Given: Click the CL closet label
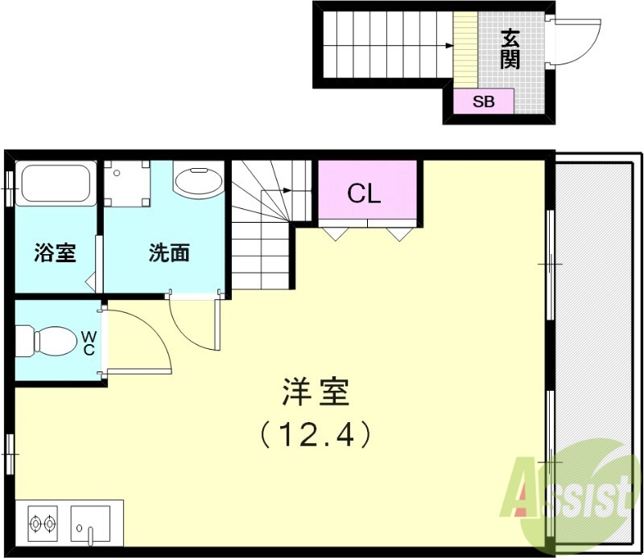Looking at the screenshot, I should click(364, 193).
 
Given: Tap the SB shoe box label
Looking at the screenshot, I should click(483, 102).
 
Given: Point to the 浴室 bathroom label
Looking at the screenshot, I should click(55, 253).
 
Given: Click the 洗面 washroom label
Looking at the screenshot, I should click(169, 253).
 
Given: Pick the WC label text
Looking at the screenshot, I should click(89, 343).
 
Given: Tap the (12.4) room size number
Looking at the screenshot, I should click(316, 434).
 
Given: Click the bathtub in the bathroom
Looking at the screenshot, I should click(55, 184).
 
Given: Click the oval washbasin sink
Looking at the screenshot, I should click(198, 182).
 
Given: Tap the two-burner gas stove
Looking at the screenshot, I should click(43, 523).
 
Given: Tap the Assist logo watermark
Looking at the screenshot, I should click(568, 490).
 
